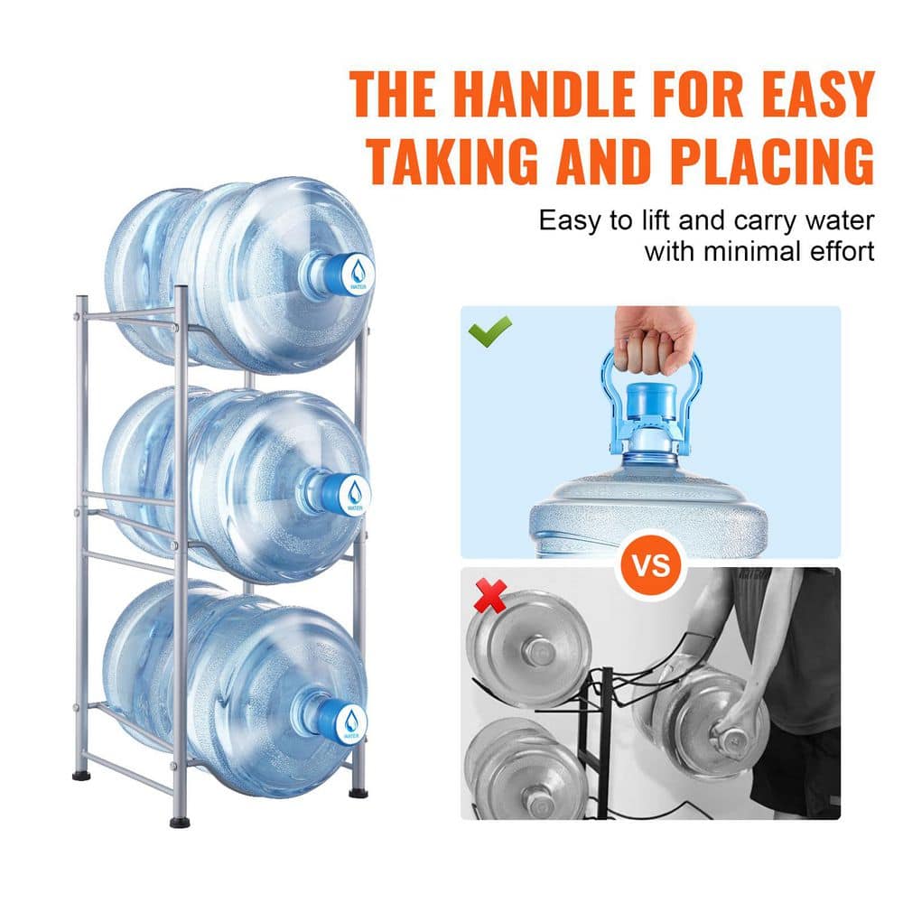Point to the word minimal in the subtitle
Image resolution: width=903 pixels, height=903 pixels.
coord(750,250)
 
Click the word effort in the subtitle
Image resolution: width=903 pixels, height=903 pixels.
coord(839,250)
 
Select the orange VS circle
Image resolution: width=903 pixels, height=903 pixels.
coord(651,566)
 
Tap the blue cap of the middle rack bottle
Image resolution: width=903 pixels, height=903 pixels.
coord(347,493)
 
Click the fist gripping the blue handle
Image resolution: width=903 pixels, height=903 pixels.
coord(653,338)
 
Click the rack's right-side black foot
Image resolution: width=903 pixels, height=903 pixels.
coord(359,792)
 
